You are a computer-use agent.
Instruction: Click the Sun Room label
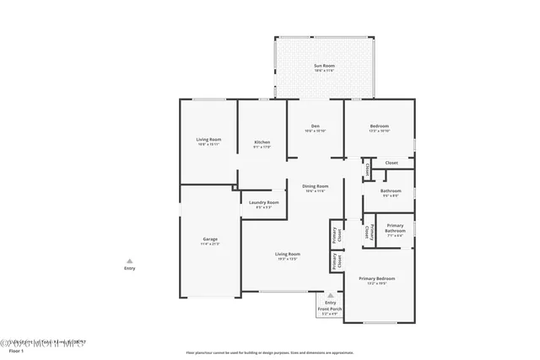(x=324, y=66)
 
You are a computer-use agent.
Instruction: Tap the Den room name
(x=315, y=127)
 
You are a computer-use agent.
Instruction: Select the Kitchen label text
(x=262, y=142)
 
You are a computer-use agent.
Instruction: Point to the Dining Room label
(x=316, y=186)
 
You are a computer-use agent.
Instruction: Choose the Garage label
(x=210, y=240)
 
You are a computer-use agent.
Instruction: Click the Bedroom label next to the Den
(x=379, y=127)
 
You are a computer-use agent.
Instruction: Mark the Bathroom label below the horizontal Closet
(x=390, y=191)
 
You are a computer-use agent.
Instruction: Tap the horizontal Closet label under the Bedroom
(x=391, y=163)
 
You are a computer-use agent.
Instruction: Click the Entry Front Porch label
(x=329, y=306)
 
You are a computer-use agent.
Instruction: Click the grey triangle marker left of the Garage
(x=129, y=261)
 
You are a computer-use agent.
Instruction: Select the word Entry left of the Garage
(x=129, y=269)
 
